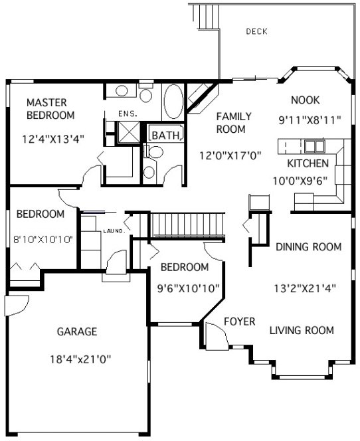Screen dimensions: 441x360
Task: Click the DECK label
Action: (256, 31)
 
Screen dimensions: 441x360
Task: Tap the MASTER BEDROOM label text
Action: (50, 109)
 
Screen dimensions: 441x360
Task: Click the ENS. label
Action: (127, 114)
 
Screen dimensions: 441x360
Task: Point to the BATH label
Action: (165, 135)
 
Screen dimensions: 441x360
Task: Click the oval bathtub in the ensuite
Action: (174, 102)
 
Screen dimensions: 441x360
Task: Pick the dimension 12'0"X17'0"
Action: (230, 156)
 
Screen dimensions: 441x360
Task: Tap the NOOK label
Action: (306, 100)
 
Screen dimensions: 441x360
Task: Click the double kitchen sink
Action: (314, 145)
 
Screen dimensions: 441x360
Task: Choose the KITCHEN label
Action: (307, 163)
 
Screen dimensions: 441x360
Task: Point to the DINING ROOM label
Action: (308, 247)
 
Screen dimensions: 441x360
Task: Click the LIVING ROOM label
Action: (302, 330)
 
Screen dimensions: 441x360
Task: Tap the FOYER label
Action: (239, 322)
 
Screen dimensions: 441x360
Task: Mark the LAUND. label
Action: (114, 230)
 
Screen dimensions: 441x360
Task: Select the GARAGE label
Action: (77, 331)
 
